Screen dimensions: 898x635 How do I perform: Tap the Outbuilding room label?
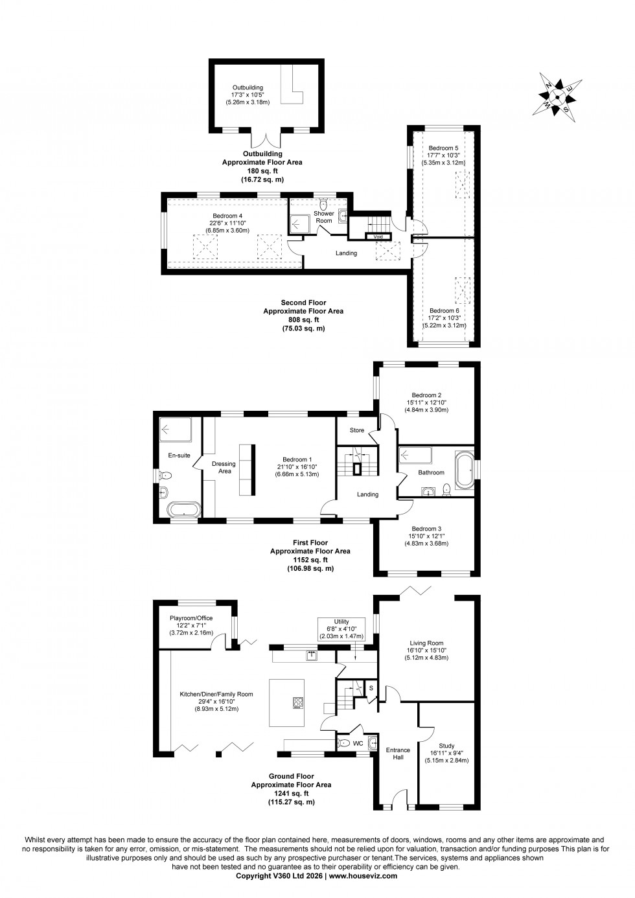click(248, 87)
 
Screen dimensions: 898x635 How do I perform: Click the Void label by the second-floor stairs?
click(378, 237)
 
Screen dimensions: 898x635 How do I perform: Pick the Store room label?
click(357, 430)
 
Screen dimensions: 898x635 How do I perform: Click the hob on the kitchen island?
click(299, 702)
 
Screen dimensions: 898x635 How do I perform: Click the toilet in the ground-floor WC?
click(345, 743)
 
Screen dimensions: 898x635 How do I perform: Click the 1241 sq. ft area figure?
click(291, 793)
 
